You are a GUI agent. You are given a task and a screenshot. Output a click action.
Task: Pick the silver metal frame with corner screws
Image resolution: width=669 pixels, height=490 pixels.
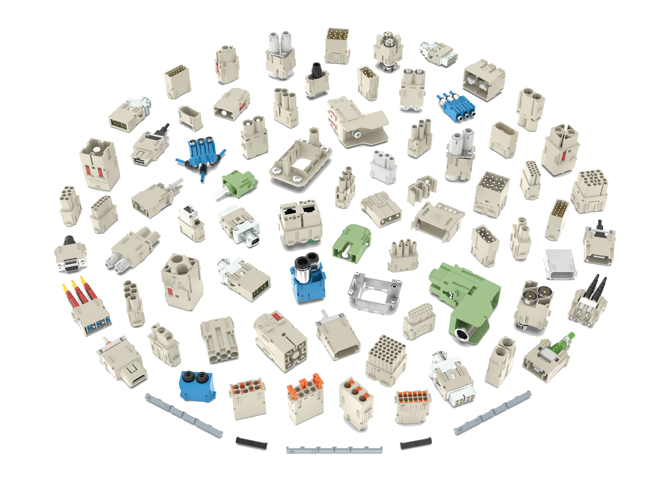click(375, 294)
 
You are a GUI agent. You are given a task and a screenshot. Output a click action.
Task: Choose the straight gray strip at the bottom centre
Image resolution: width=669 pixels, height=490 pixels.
click(334, 450)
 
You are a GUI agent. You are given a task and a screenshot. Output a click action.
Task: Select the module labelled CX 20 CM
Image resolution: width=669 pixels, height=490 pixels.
click(491, 194)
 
